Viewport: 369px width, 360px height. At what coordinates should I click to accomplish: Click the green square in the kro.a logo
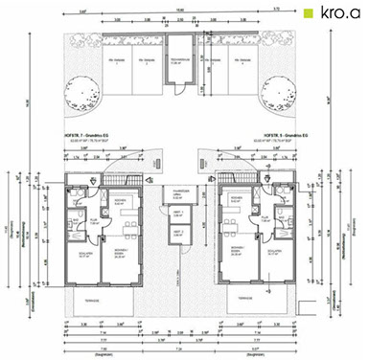[x=307, y=13]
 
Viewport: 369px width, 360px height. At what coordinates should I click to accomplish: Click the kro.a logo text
[x=338, y=13]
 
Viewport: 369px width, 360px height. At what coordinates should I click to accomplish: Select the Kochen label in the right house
[x=241, y=202]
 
